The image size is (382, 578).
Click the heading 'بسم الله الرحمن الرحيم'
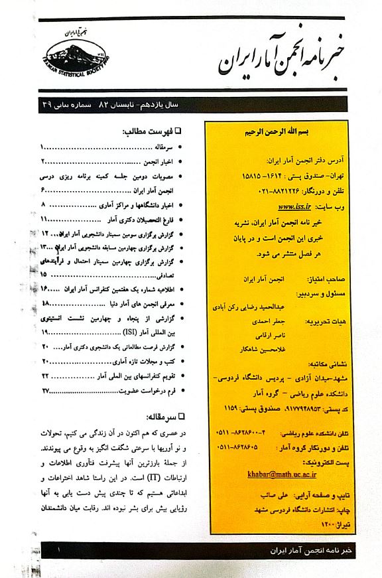(x=274, y=132)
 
